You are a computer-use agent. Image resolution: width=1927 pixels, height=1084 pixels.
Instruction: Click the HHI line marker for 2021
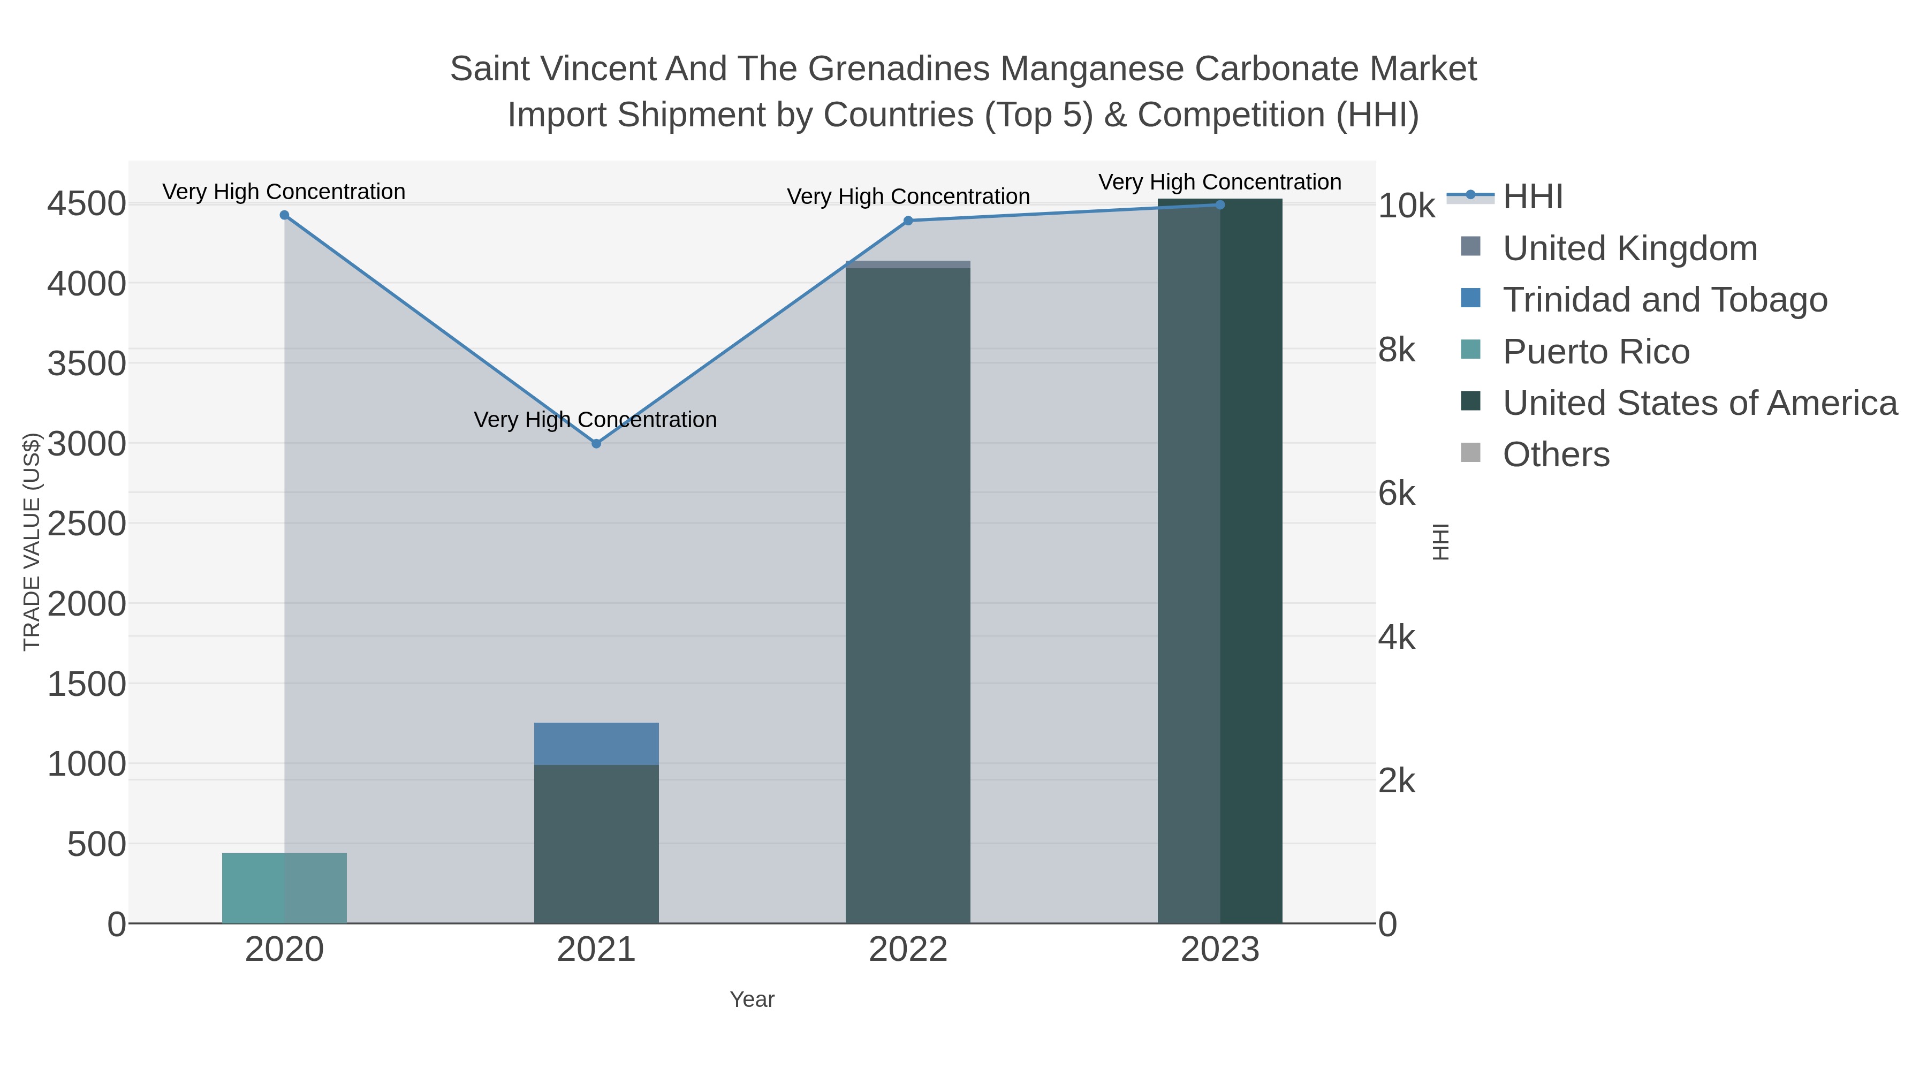point(596,444)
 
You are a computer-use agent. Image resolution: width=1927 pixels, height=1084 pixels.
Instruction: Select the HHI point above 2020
point(284,215)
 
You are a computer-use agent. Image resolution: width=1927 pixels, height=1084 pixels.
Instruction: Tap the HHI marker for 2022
point(908,221)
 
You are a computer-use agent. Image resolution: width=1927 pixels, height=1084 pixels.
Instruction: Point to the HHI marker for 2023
point(1220,205)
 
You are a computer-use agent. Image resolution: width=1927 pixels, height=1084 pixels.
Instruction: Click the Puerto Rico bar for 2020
point(284,888)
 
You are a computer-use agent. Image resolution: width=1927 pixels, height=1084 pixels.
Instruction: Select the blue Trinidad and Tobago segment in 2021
point(596,744)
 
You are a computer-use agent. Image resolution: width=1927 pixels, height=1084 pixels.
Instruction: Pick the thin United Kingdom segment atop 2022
point(908,264)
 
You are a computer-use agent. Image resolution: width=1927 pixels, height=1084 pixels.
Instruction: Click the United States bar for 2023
point(1220,561)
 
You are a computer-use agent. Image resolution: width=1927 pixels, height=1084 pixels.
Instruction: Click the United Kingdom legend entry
point(1629,248)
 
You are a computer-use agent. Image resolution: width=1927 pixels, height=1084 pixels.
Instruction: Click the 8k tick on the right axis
point(1397,350)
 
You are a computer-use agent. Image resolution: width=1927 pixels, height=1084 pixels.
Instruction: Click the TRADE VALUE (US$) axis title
point(32,542)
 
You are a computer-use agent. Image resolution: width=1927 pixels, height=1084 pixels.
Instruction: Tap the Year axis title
point(752,999)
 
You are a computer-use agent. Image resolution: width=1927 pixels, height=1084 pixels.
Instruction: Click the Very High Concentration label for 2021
point(595,420)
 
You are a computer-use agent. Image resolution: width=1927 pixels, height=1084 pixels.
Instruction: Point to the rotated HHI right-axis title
point(1441,542)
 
